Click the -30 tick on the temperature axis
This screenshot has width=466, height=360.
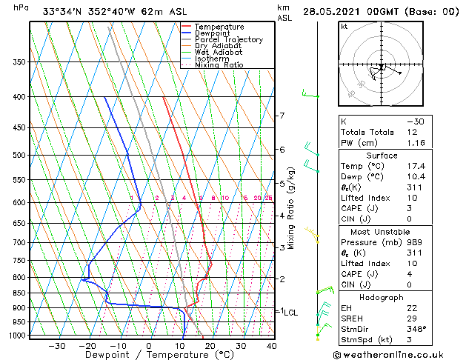pos(57,346)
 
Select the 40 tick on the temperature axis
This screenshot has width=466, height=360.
pos(272,346)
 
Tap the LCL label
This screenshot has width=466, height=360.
pos(290,313)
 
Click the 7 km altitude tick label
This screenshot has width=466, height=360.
pos(282,116)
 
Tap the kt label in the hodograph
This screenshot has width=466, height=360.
pos(344,26)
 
